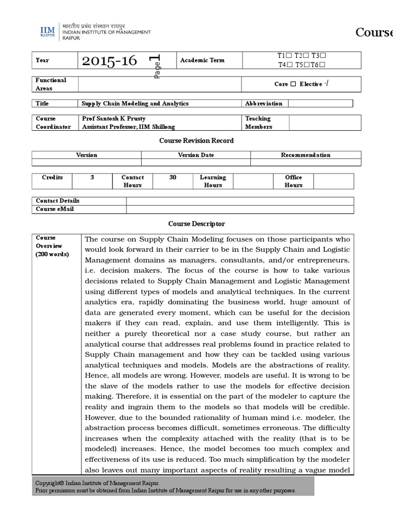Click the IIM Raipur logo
pos(48,32)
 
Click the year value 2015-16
pos(110,61)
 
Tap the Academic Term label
pos(202,60)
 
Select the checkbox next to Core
pos(293,84)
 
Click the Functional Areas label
pos(51,84)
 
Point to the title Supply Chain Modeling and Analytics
pos(135,104)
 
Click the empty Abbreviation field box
pos(320,104)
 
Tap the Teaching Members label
pos(258,123)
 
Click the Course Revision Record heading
pos(196,140)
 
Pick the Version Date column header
pos(196,155)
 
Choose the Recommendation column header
pos(305,155)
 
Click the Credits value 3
pos(92,178)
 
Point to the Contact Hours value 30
pos(172,178)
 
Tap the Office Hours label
pos(294,181)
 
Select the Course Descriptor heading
pos(196,224)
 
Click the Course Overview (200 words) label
pos(53,246)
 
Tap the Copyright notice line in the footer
pos(97,483)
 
